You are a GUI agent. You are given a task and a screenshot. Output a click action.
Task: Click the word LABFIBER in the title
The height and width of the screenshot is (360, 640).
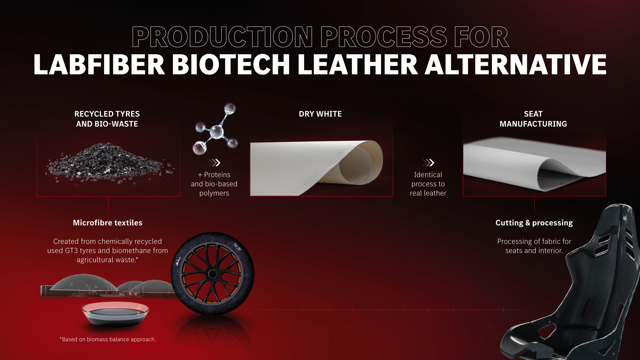pyautogui.click(x=99, y=64)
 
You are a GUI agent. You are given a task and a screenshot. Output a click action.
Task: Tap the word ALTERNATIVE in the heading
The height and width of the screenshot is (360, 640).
pyautogui.click(x=515, y=64)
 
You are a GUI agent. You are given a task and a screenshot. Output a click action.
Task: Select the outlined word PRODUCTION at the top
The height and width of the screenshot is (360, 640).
pyautogui.click(x=222, y=37)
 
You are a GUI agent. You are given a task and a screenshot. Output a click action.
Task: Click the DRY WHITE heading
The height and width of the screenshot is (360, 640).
pyautogui.click(x=320, y=114)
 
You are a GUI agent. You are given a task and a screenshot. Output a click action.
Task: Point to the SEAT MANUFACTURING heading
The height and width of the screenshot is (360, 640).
pyautogui.click(x=533, y=119)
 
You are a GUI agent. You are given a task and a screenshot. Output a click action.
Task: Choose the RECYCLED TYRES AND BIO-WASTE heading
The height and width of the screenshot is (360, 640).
pyautogui.click(x=107, y=119)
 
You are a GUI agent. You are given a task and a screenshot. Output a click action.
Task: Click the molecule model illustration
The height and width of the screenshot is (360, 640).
pyautogui.click(x=215, y=129)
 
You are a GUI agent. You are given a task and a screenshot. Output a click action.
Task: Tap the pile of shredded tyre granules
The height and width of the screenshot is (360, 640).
pyautogui.click(x=109, y=163)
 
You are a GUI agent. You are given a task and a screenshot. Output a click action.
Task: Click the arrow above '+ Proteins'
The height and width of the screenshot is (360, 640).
pyautogui.click(x=214, y=163)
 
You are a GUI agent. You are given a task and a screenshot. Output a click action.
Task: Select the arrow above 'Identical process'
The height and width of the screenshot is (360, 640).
pyautogui.click(x=428, y=163)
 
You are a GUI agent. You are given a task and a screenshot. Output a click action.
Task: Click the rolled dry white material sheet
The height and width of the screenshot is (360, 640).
pyautogui.click(x=317, y=168)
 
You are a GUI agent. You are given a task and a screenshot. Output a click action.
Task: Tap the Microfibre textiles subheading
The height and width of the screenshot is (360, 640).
pyautogui.click(x=108, y=223)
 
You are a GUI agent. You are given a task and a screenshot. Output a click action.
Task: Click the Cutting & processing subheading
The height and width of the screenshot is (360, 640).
pyautogui.click(x=534, y=223)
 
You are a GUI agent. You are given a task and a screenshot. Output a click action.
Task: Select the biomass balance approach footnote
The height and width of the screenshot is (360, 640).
pyautogui.click(x=108, y=339)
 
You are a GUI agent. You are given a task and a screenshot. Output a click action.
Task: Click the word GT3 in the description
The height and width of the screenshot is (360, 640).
pyautogui.click(x=71, y=251)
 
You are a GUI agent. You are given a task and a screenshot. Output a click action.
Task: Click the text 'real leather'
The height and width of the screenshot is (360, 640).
pyautogui.click(x=428, y=193)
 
